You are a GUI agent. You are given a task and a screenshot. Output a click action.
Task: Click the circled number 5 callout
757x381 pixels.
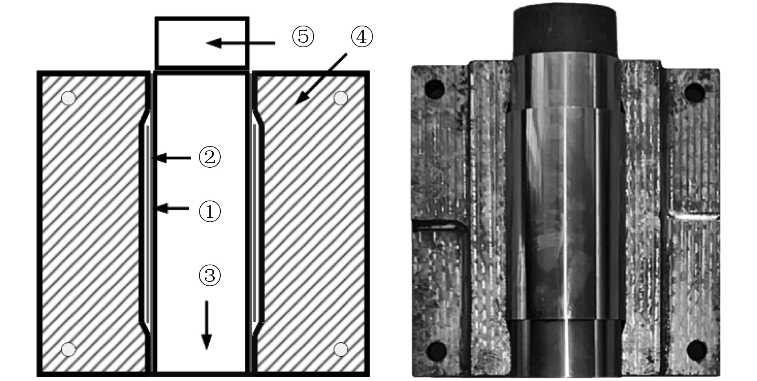[303, 37]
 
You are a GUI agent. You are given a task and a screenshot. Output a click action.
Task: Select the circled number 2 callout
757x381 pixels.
[210, 158]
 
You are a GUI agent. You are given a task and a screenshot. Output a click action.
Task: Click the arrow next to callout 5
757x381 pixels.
[240, 43]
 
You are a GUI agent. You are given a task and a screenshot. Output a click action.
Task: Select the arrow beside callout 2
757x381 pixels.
[173, 158]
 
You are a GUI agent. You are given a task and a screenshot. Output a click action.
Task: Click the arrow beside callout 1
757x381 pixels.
[172, 208]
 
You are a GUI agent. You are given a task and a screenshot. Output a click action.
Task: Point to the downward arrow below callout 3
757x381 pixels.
[206, 325]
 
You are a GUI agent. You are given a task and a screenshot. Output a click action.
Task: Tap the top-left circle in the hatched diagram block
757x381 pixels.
[69, 98]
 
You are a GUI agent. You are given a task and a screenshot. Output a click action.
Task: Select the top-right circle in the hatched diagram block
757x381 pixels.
[340, 98]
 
